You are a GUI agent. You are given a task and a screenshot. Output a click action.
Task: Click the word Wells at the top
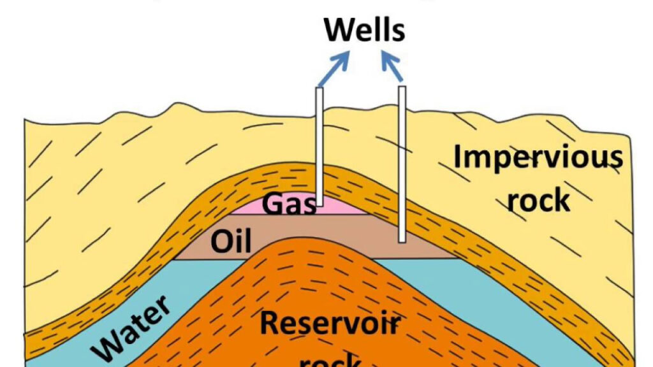pos(365,30)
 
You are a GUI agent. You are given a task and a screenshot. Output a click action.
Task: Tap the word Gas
pos(290,205)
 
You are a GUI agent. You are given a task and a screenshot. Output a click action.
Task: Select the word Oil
pos(231,242)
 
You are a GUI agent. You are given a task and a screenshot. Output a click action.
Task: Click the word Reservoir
pos(330,323)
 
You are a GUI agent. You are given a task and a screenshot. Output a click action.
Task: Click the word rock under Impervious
pos(538,200)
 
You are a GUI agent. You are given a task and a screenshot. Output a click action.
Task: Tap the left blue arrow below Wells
pos(334,69)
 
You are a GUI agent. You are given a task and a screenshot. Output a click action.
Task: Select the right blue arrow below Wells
pos(392,68)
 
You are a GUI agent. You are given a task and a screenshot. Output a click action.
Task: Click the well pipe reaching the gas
pos(320,147)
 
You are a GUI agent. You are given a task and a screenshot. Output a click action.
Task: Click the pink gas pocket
pos(344,208)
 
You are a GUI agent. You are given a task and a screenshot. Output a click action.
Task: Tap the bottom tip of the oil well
pos(402,241)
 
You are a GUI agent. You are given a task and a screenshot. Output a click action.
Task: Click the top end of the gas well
pos(320,89)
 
